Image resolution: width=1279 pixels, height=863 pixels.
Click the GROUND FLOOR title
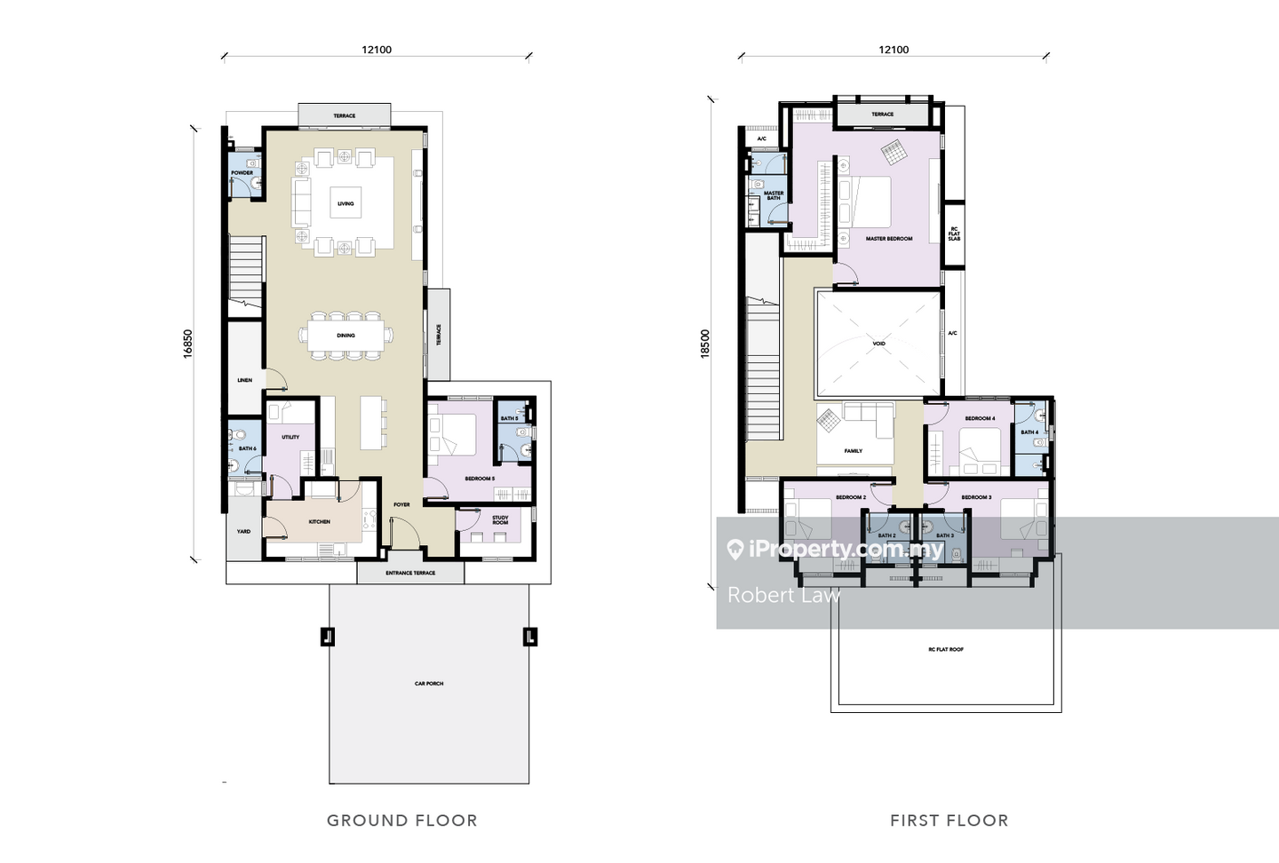pyautogui.click(x=401, y=820)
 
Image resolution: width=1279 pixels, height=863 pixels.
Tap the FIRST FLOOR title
pyautogui.click(x=949, y=820)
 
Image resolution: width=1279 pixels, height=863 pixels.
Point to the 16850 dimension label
pyautogui.click(x=187, y=344)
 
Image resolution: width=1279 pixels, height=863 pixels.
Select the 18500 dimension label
pyautogui.click(x=705, y=344)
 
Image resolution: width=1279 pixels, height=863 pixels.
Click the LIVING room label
pyautogui.click(x=346, y=203)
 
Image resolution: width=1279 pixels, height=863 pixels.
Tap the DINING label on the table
pyautogui.click(x=346, y=336)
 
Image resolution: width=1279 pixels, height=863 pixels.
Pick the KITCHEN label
pyautogui.click(x=319, y=522)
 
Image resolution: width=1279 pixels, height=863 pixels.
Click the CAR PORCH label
pyautogui.click(x=429, y=684)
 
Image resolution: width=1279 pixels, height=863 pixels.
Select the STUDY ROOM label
pyautogui.click(x=500, y=520)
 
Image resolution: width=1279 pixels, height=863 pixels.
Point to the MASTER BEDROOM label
pyautogui.click(x=888, y=239)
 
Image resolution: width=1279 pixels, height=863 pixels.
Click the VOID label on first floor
pyautogui.click(x=878, y=344)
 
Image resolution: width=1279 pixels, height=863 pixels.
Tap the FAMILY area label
pyautogui.click(x=853, y=451)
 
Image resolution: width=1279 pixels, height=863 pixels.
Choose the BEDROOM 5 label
pyautogui.click(x=480, y=479)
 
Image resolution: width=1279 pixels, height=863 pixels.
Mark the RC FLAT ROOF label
pyautogui.click(x=945, y=650)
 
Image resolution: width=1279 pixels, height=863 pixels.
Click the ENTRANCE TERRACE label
pyautogui.click(x=410, y=573)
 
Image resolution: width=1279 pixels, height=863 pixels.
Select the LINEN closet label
pyautogui.click(x=244, y=380)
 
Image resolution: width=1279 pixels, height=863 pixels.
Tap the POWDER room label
pyautogui.click(x=242, y=173)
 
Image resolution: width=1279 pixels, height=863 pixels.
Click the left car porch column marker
pyautogui.click(x=328, y=636)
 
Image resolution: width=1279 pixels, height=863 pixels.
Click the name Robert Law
pyautogui.click(x=783, y=595)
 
